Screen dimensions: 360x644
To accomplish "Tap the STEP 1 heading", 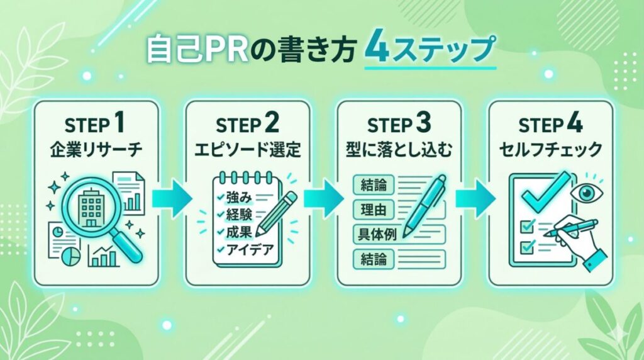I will click(x=96, y=123).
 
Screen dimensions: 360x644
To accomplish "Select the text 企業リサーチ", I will click(x=96, y=151).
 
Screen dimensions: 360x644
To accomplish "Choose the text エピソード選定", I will click(x=248, y=151).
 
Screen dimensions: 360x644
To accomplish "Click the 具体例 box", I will click(x=375, y=233).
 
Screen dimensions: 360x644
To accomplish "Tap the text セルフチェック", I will click(x=551, y=151).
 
